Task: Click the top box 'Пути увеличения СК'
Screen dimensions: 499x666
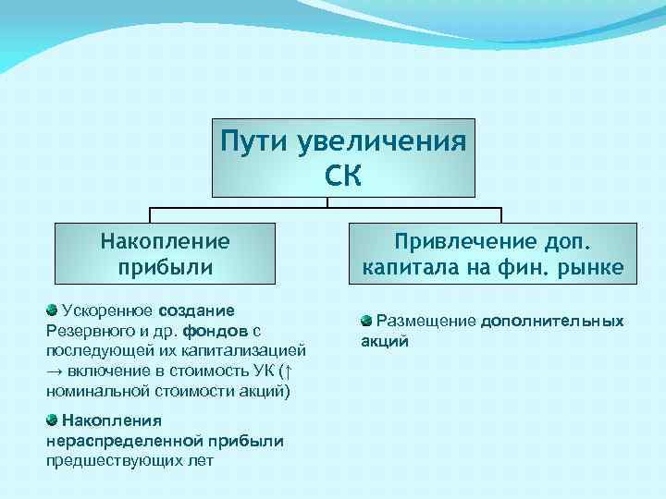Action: point(343,157)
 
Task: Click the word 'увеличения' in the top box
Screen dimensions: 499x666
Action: point(380,142)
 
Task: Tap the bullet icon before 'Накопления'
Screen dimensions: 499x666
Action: point(53,420)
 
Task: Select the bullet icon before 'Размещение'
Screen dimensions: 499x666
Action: point(366,321)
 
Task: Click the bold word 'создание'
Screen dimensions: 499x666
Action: point(196,310)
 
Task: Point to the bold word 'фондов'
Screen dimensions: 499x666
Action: point(215,330)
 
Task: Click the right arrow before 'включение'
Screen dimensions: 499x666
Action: point(55,371)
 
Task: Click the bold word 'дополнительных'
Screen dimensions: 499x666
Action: point(552,321)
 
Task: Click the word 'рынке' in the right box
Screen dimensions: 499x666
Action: point(596,268)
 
